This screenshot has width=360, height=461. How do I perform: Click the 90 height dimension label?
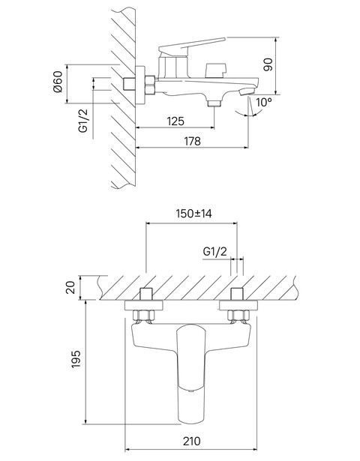(268, 64)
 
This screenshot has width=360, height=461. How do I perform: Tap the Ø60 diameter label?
(58, 82)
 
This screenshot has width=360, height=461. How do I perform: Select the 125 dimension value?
(175, 121)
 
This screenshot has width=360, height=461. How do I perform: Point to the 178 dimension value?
(192, 141)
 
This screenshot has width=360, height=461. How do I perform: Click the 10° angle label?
(263, 102)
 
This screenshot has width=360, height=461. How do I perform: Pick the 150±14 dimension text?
(193, 214)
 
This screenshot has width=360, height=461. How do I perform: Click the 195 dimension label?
(76, 359)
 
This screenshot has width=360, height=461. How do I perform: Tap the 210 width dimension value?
(192, 441)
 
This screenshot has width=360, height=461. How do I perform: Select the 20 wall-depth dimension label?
(70, 288)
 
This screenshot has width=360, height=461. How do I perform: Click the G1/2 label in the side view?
(83, 121)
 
